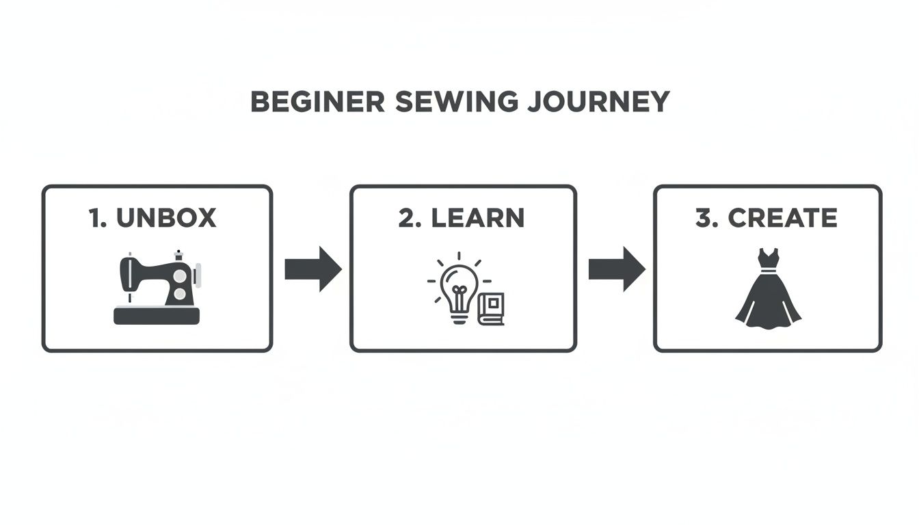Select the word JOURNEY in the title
click(600, 102)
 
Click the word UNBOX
click(166, 218)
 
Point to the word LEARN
click(479, 218)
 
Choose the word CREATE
click(782, 218)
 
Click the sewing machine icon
click(157, 287)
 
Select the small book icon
click(491, 309)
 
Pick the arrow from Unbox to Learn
click(312, 269)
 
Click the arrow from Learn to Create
click(616, 269)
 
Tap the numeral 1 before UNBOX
click(95, 218)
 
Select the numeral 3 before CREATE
click(704, 218)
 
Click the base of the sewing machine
click(157, 316)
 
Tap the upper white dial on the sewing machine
click(179, 275)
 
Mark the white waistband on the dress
click(768, 272)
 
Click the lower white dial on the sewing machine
click(179, 294)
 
